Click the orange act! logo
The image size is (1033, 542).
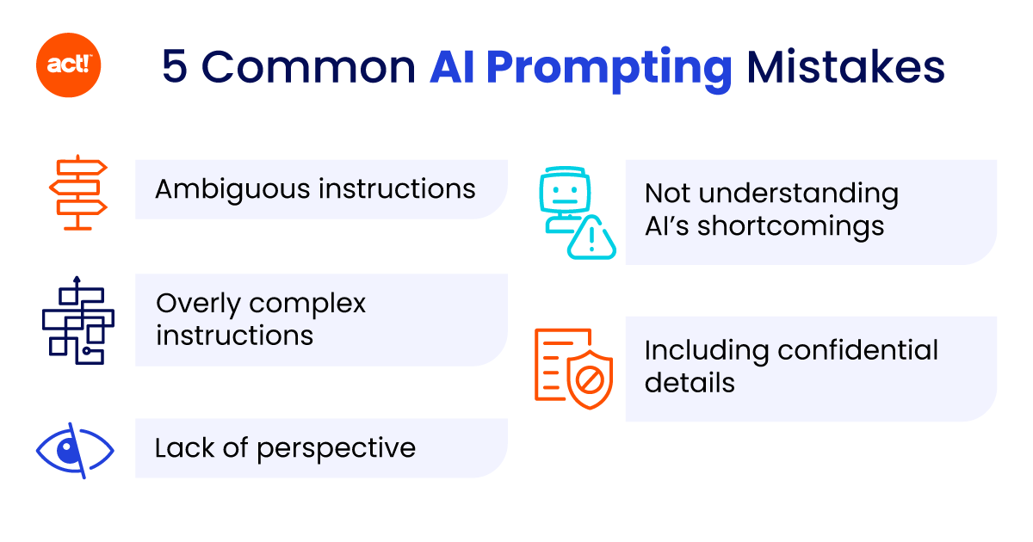[69, 66]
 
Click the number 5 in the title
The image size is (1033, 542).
[174, 67]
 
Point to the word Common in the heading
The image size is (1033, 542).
[308, 67]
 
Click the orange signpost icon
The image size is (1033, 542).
[77, 192]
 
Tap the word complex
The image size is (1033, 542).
[308, 304]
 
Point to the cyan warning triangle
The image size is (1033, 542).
[591, 238]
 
